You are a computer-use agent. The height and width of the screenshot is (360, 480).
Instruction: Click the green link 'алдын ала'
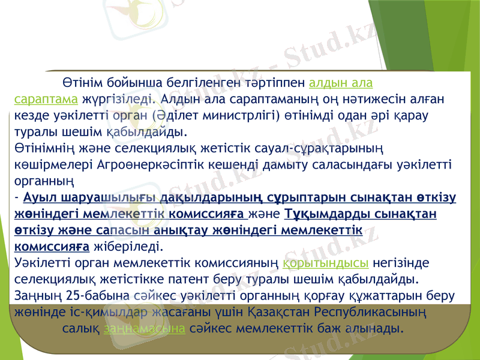(344, 83)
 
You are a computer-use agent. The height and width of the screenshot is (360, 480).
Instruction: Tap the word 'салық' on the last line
(80, 329)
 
